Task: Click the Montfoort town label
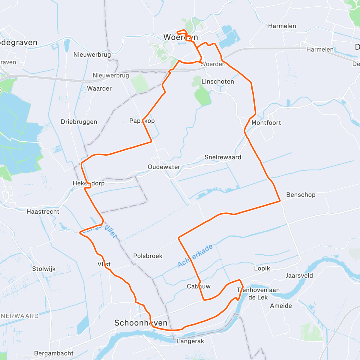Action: point(266,123)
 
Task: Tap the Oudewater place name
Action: point(164,167)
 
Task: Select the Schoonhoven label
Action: point(141,323)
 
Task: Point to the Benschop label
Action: point(301,195)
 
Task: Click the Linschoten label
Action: point(217,82)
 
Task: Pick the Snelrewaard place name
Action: point(223,157)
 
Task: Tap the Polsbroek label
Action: point(148,256)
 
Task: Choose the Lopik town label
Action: point(262,268)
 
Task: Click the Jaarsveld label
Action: point(299,276)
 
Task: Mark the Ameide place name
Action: point(281,306)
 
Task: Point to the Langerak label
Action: point(190,341)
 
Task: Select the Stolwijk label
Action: point(44,269)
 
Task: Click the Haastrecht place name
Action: point(43,211)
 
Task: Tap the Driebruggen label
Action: point(79,122)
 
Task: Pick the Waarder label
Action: point(99,88)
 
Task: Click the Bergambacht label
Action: point(54,353)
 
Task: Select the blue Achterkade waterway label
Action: point(195,256)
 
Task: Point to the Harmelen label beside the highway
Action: point(320,49)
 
